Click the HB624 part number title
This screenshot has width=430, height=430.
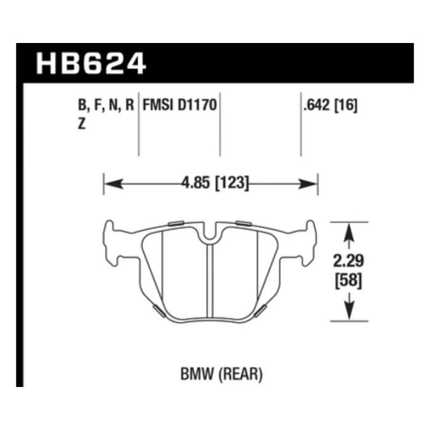(91, 64)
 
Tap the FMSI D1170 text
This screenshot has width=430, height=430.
(180, 105)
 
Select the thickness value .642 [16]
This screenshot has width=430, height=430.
(330, 105)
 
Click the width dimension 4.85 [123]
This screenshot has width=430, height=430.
(215, 182)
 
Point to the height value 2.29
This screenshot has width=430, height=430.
(348, 260)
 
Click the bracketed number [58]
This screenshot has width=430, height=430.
(348, 280)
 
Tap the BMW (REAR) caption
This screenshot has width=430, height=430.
(222, 374)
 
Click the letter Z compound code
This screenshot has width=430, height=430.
(82, 125)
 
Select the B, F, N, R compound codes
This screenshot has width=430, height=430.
(106, 105)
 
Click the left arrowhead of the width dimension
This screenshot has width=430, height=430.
(114, 184)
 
